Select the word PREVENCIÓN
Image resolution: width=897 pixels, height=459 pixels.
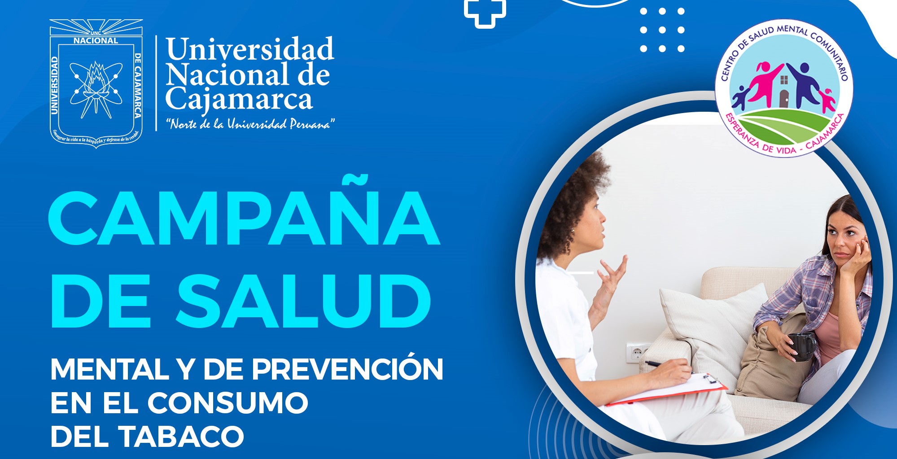tap(347, 369)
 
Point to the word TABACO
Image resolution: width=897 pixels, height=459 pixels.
tap(181, 436)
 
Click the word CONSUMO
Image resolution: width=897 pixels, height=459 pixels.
tap(228, 402)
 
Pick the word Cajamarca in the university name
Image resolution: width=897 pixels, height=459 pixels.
tap(239, 100)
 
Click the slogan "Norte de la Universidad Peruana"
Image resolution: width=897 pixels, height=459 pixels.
tap(250, 124)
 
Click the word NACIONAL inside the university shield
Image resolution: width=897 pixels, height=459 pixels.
tap(96, 40)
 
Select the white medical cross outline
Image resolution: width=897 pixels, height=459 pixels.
tap(485, 12)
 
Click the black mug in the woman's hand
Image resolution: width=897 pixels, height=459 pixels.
tap(802, 346)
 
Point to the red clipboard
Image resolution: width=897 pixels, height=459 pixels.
tap(667, 389)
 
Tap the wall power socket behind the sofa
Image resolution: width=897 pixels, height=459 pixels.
tap(638, 353)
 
